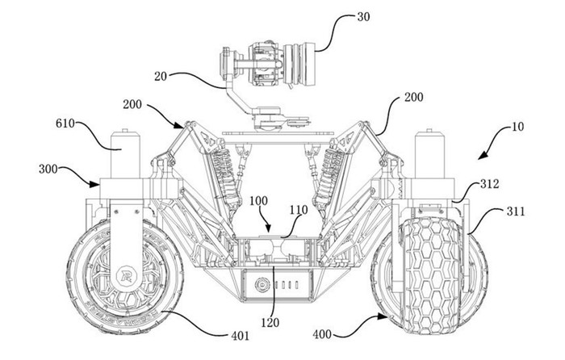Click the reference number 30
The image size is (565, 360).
(x=363, y=17)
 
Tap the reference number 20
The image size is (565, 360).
(x=161, y=77)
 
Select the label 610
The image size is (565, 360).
(x=65, y=123)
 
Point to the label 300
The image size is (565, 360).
(x=48, y=169)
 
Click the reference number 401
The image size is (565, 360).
(x=240, y=336)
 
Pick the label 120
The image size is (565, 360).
(x=270, y=322)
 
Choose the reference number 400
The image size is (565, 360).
(x=322, y=334)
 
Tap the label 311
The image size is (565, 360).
(x=516, y=211)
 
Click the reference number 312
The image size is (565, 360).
(x=489, y=184)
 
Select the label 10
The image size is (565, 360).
(x=517, y=127)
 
